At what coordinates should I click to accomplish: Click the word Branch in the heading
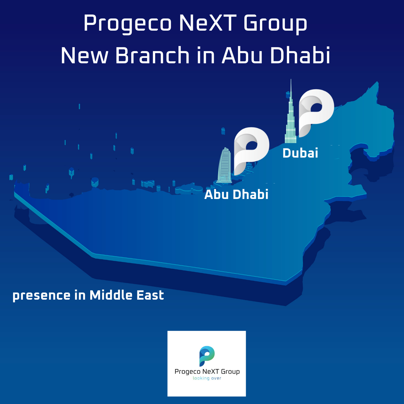[153, 55]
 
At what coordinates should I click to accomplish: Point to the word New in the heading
[84, 55]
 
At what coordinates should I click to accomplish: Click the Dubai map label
[300, 153]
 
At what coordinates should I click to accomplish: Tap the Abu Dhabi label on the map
[236, 195]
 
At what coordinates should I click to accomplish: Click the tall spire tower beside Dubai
[290, 118]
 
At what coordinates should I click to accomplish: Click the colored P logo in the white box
[207, 356]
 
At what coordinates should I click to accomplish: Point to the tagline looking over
[207, 378]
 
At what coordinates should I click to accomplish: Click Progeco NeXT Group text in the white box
[207, 371]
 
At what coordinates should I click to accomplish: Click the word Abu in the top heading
[242, 55]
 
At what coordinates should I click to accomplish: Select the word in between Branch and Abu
[206, 55]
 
